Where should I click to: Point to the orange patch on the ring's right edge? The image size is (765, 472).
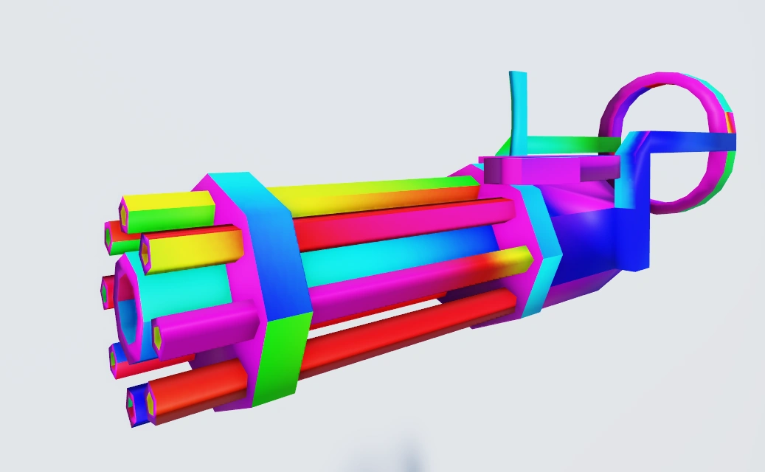[730, 122]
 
